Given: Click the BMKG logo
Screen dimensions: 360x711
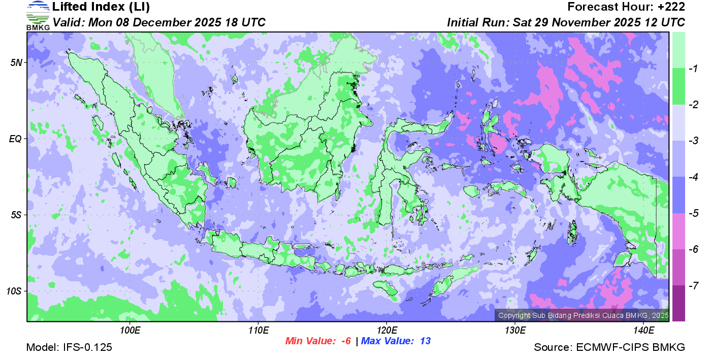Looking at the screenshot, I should [x=38, y=16].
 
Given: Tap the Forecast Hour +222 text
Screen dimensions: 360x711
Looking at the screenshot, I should [x=626, y=7].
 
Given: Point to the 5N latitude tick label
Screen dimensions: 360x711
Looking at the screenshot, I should [x=17, y=62].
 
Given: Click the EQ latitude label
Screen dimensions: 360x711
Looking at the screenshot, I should [x=16, y=139].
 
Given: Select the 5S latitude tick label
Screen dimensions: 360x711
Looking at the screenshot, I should [x=17, y=215].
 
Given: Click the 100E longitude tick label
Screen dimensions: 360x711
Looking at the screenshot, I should [x=130, y=330].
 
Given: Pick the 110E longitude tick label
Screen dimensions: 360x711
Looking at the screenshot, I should [x=258, y=330].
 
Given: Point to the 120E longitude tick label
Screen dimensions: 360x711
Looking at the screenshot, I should [x=386, y=330].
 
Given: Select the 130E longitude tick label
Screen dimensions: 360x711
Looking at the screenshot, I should [x=515, y=330].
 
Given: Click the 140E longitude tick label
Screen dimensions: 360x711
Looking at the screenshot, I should [x=643, y=330].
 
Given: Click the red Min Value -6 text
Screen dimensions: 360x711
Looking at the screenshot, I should [x=318, y=341].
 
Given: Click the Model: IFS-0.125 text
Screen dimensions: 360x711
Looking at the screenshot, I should [x=69, y=347].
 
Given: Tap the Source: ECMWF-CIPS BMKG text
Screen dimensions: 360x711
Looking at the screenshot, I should [x=609, y=347].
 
